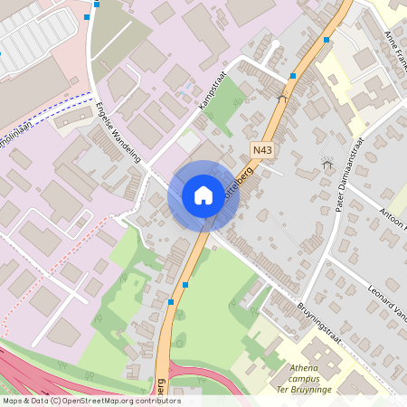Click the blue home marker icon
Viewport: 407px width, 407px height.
click(x=203, y=195)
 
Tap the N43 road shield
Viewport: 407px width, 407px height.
click(x=262, y=150)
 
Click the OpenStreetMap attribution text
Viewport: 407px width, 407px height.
click(x=91, y=401)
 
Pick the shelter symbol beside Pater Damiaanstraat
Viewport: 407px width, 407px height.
click(x=327, y=164)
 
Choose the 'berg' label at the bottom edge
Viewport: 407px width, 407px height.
click(x=159, y=386)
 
